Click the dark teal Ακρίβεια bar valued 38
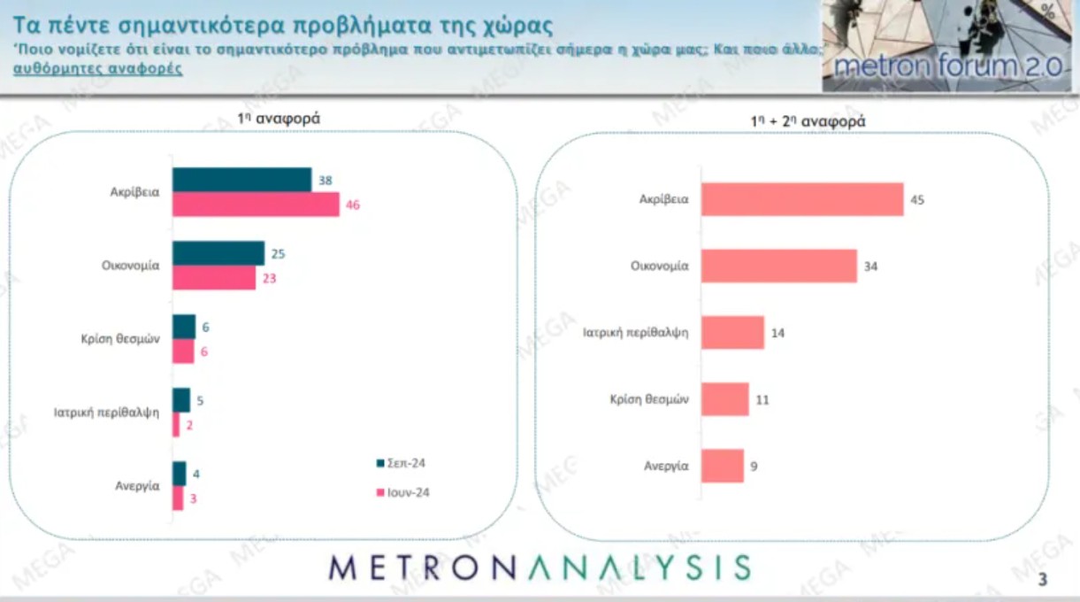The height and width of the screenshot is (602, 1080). [x=241, y=180]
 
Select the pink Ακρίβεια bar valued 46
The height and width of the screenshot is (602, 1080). [x=256, y=205]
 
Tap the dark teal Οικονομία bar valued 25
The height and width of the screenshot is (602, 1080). [x=218, y=253]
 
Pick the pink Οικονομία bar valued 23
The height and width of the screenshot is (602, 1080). [x=215, y=277]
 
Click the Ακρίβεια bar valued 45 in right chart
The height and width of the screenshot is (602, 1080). [x=802, y=199]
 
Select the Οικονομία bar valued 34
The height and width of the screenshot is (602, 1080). [x=779, y=266]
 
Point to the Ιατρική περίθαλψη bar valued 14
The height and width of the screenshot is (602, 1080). [x=732, y=333]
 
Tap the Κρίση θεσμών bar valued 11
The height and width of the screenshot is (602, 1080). [x=725, y=399]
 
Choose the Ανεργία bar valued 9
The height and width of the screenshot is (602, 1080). [x=723, y=466]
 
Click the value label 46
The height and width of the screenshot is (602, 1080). [x=354, y=205]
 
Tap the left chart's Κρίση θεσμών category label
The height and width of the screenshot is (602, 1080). [x=119, y=339]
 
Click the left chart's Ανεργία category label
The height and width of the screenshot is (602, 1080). [x=136, y=485]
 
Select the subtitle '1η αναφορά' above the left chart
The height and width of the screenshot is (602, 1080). [x=266, y=119]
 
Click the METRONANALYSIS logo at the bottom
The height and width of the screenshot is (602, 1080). [x=540, y=567]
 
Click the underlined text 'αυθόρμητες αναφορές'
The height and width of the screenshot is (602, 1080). [x=98, y=68]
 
